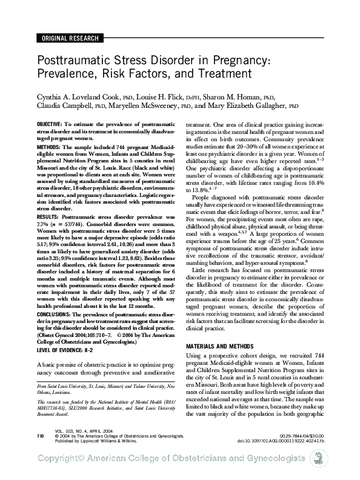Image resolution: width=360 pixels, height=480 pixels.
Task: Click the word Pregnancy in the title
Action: [233, 62]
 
